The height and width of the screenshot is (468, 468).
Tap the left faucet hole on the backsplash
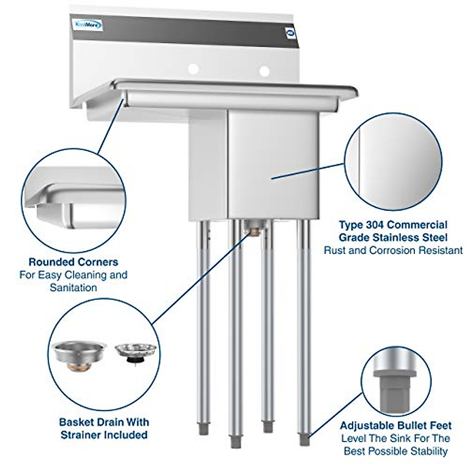[193, 69]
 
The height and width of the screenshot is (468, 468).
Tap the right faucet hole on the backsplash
[264, 71]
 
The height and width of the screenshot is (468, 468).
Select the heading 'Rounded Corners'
[73, 262]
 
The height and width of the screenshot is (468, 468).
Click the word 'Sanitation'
[73, 288]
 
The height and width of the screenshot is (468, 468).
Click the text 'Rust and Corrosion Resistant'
[393, 250]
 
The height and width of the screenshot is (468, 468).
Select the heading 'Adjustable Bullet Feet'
[395, 425]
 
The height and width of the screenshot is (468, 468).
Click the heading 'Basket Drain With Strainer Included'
[104, 428]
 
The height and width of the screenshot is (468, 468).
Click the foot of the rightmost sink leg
[303, 440]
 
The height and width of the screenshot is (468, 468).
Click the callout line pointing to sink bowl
[308, 171]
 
